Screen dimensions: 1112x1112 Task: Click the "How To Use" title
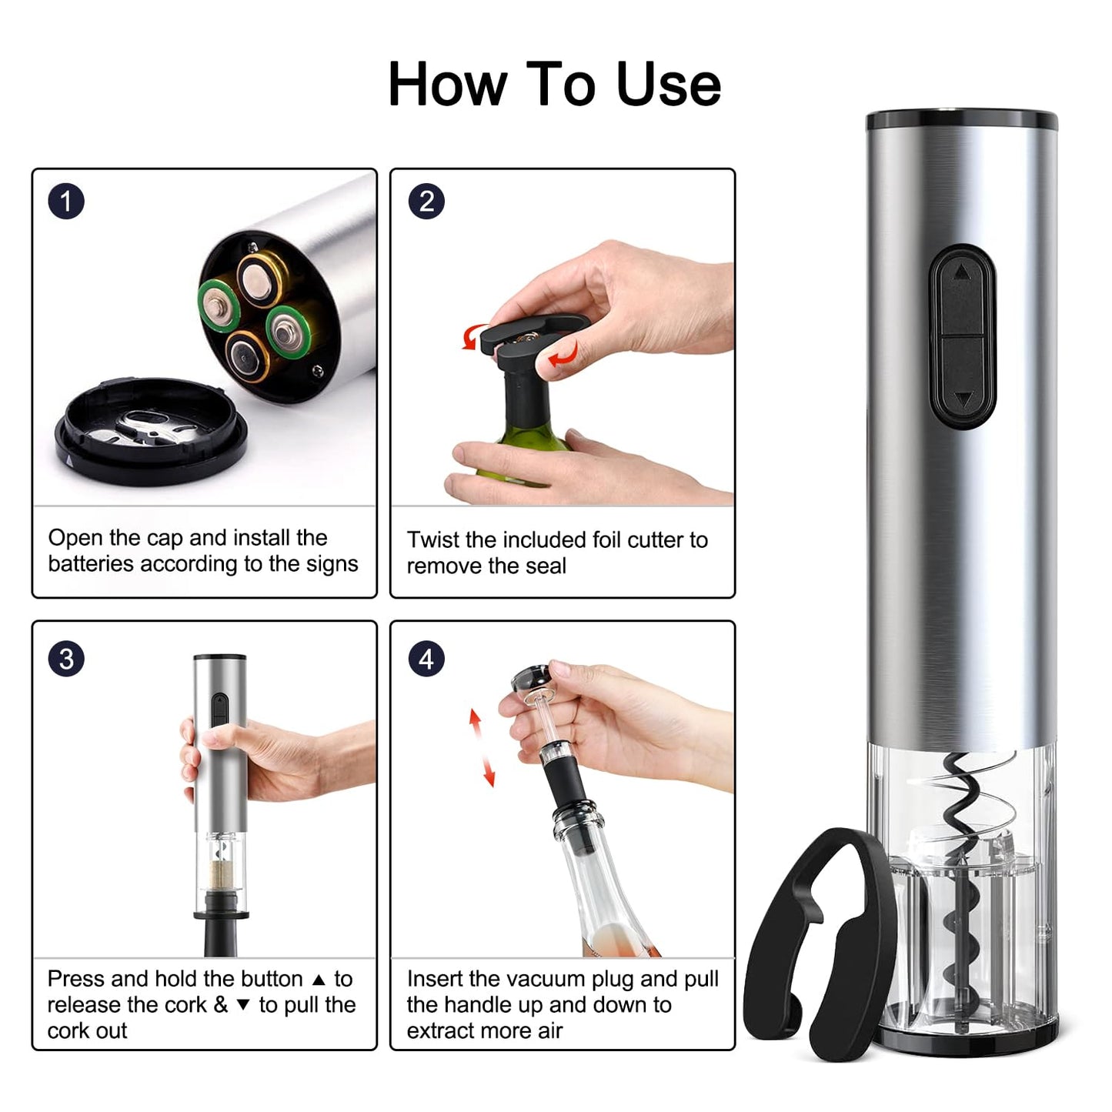tap(554, 84)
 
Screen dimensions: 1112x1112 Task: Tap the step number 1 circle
tap(66, 202)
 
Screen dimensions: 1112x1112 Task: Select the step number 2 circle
tap(426, 202)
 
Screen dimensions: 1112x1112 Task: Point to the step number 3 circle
tap(66, 660)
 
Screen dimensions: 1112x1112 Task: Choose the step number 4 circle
tap(426, 660)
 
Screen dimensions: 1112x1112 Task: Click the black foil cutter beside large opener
tap(816, 947)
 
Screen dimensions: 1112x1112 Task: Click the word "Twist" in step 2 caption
tap(433, 539)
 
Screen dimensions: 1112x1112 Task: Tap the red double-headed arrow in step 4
tap(482, 747)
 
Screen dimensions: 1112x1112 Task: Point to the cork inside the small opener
tap(220, 873)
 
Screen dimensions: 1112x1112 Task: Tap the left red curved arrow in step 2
tap(470, 337)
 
